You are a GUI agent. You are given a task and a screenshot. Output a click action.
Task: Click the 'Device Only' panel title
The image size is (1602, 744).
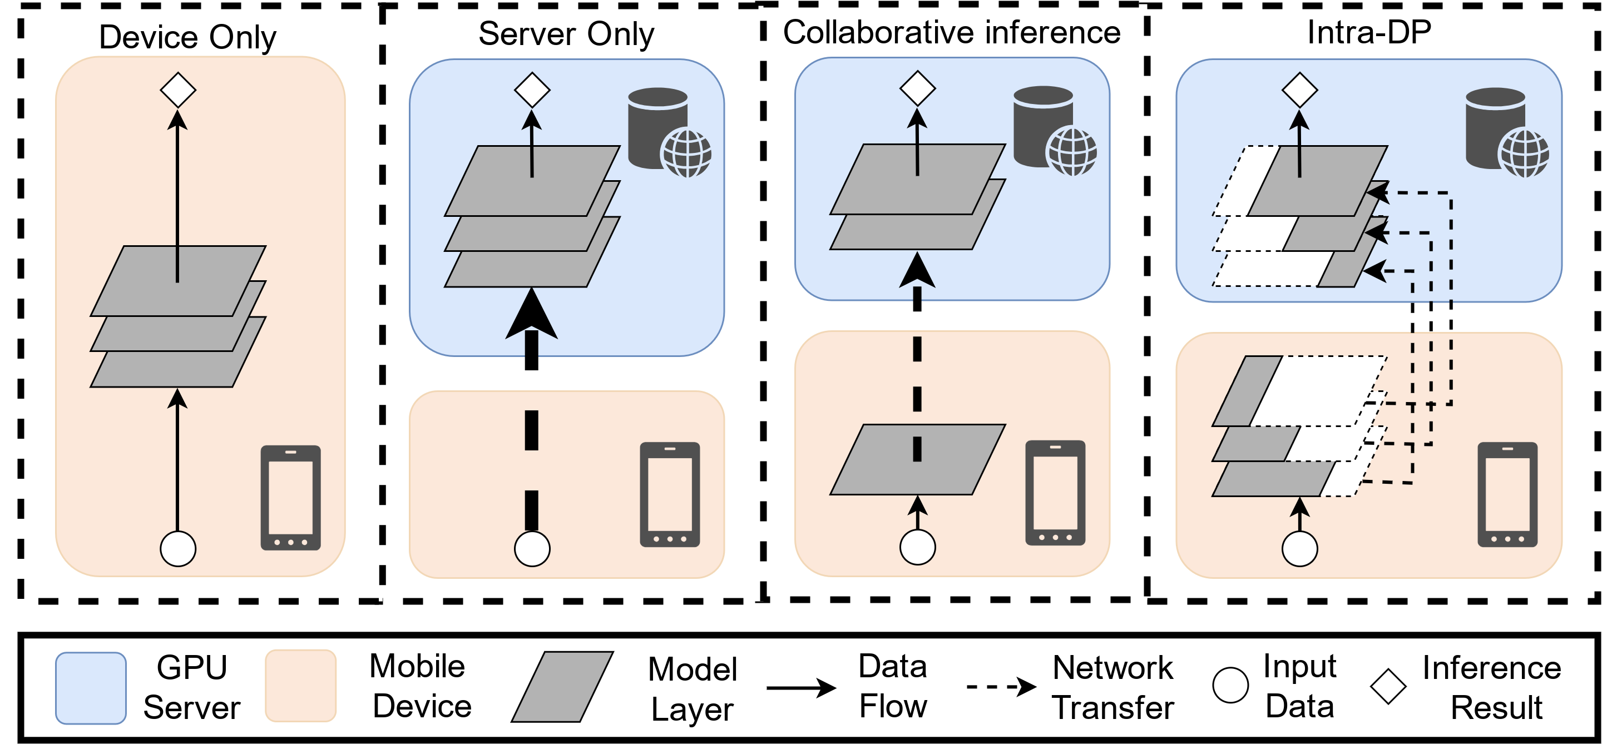187,37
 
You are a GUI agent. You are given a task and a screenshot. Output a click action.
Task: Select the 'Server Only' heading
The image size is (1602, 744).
566,33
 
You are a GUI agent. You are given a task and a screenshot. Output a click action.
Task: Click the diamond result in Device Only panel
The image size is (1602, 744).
178,90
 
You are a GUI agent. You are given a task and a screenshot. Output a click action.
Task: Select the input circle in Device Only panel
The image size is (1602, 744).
178,549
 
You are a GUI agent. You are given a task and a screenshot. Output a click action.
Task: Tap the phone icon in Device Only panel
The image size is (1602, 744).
290,497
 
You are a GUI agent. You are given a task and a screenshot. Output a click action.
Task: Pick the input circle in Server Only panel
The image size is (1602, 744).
532,549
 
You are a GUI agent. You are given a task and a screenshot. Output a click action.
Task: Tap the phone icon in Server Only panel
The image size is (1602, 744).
670,494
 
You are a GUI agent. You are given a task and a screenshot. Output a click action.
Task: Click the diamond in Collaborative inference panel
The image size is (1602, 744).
917,88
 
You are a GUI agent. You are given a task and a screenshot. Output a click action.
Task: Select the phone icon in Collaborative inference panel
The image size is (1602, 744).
1055,493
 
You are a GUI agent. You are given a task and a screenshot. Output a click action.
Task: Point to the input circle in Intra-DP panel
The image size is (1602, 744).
1300,549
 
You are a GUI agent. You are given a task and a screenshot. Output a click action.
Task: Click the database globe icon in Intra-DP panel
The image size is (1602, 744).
1507,132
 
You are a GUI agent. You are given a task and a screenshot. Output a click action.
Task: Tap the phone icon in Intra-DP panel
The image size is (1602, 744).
1507,494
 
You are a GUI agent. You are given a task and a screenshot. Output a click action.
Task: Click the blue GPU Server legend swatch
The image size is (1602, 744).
91,688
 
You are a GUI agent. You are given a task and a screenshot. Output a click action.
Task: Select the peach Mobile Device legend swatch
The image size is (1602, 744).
301,686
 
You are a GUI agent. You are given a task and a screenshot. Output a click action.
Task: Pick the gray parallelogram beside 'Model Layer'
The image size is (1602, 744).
562,687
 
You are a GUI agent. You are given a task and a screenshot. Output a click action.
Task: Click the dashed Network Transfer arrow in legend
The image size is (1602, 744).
1001,687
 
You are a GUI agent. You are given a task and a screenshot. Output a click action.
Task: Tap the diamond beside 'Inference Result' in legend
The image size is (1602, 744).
1388,686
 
